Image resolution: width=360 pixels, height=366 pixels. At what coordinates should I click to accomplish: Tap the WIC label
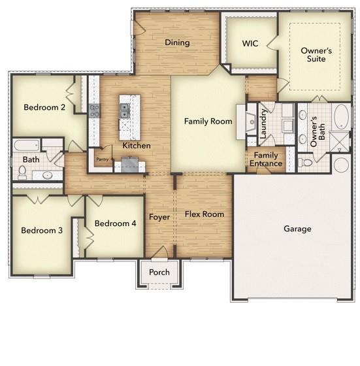click(x=250, y=44)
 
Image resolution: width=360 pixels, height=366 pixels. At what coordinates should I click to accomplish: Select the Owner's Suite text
click(x=316, y=55)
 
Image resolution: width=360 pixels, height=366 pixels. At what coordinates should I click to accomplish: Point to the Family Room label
click(x=208, y=122)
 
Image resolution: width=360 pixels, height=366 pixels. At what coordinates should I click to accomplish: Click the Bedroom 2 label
click(x=44, y=108)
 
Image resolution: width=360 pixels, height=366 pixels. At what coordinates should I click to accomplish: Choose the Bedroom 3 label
click(x=41, y=230)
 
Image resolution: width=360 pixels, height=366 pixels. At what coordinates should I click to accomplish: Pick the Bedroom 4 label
click(x=115, y=224)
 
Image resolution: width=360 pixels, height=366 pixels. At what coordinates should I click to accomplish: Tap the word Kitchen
click(x=137, y=146)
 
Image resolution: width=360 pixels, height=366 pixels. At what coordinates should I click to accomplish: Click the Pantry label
click(x=102, y=159)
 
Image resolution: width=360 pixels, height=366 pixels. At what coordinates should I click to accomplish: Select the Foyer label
click(x=159, y=216)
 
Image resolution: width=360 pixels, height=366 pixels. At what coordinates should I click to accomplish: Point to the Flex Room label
click(x=204, y=214)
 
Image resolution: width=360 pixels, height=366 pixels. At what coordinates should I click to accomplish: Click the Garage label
click(x=297, y=229)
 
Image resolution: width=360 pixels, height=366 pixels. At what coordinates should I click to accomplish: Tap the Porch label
click(x=159, y=273)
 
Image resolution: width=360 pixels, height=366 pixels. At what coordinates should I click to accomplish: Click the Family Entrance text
click(x=267, y=159)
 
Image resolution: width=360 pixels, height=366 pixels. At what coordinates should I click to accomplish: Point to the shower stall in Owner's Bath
click(x=339, y=141)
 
